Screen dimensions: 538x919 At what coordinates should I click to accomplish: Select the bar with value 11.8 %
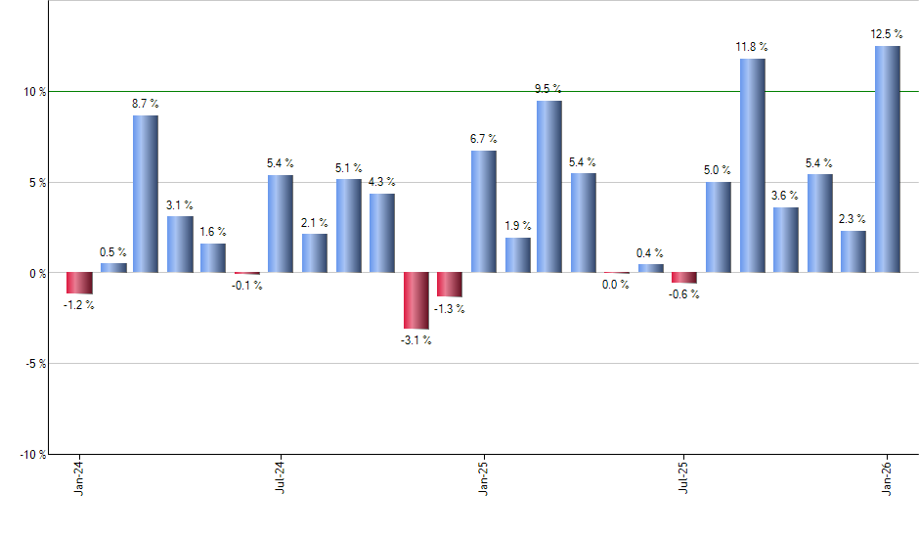[x=752, y=165]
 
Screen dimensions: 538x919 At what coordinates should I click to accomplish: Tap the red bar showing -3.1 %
[x=416, y=300]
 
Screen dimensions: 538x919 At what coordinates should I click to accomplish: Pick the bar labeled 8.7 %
[x=145, y=194]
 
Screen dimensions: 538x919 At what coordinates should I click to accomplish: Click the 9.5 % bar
[x=548, y=186]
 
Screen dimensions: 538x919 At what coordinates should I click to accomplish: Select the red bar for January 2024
[x=79, y=283]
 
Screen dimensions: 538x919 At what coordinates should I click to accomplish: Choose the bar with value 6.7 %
[x=483, y=211]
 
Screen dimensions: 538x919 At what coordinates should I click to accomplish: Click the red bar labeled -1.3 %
[x=449, y=284]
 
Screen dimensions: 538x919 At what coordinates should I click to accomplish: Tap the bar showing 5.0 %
[x=718, y=227]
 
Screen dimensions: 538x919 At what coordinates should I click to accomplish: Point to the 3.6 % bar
[x=785, y=240]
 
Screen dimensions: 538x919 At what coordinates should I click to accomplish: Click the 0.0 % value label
[x=616, y=285]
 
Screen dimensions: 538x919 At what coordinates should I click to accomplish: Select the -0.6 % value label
[x=683, y=294]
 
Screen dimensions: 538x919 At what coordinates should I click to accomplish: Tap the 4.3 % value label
[x=380, y=181]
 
